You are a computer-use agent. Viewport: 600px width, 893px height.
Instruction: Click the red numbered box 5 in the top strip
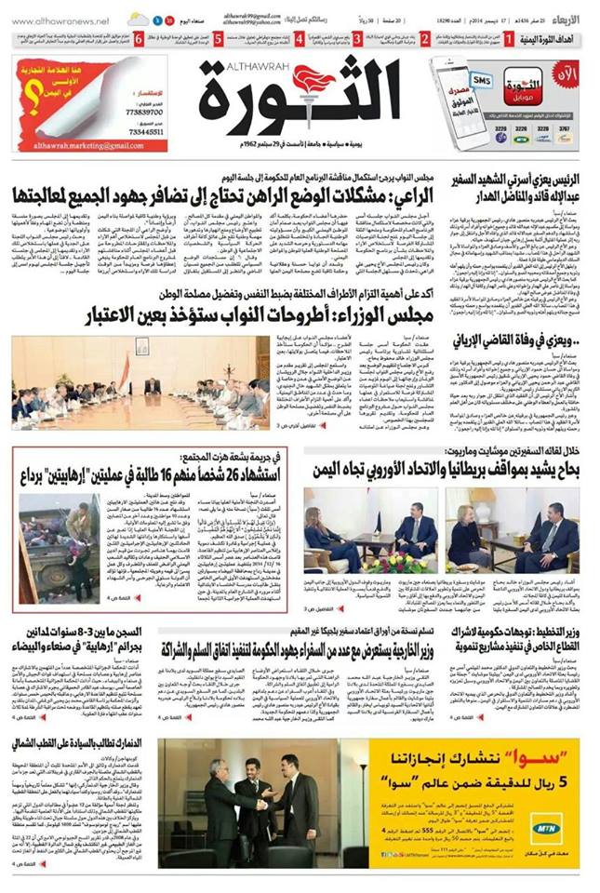click(x=217, y=39)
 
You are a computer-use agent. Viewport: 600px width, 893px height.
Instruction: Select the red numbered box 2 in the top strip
click(x=424, y=39)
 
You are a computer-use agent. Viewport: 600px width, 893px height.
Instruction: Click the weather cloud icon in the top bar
click(x=139, y=19)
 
